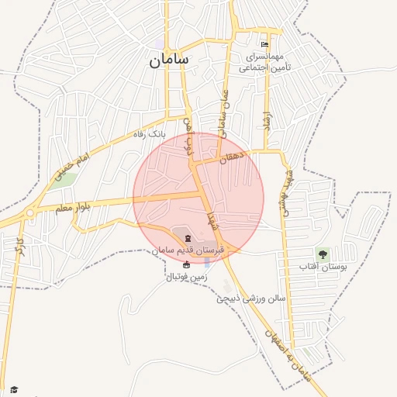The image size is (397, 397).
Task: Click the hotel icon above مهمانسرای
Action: tap(265, 45)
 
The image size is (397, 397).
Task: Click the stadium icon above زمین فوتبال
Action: tap(185, 264)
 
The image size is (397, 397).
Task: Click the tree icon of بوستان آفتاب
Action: tap(321, 254)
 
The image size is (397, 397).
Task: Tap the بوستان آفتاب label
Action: tap(320, 267)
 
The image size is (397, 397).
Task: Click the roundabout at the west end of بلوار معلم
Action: tap(29, 213)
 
